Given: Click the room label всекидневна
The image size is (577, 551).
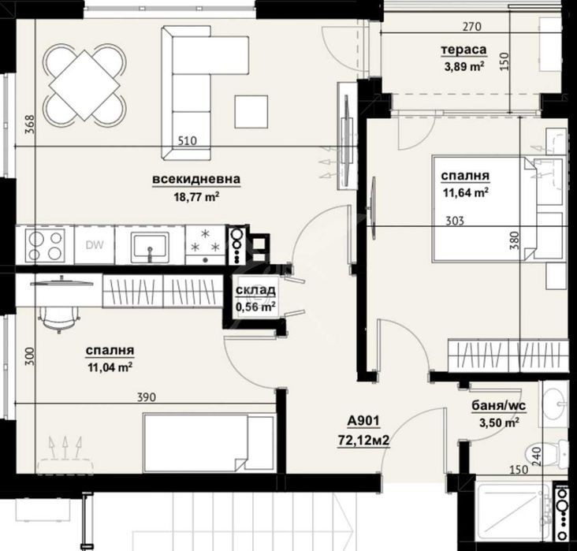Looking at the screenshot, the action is (196, 179).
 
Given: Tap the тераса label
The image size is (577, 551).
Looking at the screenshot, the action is (463, 50).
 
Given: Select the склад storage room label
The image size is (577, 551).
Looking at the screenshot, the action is (255, 290).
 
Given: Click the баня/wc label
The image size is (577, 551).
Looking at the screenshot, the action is (499, 406).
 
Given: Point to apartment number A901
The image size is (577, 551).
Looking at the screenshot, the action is (363, 421).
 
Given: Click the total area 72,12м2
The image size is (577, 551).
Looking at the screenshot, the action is (363, 440).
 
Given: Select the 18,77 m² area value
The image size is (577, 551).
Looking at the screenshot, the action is (196, 197).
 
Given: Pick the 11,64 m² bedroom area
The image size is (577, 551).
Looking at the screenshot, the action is (466, 192).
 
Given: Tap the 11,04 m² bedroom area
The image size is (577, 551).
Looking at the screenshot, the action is (110, 367).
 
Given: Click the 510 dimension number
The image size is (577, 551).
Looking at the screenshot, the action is (188, 140).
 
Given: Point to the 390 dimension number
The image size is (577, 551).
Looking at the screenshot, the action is (147, 397).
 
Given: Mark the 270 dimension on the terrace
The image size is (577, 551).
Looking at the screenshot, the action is (472, 27).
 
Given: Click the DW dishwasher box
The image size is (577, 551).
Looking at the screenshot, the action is (95, 245).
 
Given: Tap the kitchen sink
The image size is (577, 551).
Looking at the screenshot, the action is (150, 245).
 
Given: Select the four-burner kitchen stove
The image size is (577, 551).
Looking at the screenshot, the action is (45, 245).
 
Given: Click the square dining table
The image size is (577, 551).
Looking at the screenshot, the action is (85, 85).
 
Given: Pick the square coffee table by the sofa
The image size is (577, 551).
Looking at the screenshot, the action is (251, 111).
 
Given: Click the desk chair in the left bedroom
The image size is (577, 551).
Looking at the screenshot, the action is (59, 318).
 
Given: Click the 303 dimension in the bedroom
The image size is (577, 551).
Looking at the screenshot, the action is (455, 221).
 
